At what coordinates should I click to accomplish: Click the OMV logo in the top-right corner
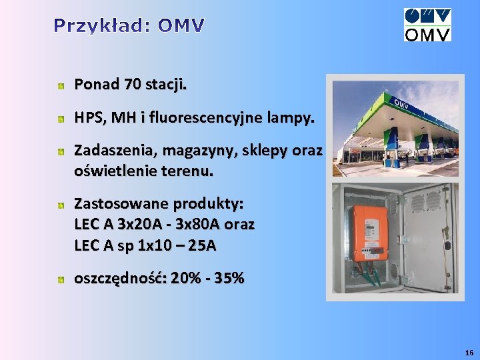(x=427, y=25)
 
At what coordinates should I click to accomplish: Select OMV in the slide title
(x=181, y=26)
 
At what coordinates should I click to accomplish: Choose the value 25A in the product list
(x=202, y=245)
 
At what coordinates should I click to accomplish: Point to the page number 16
(x=469, y=352)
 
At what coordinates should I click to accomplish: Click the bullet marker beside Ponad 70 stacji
(x=60, y=86)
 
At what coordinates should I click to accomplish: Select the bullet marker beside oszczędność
(x=60, y=279)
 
